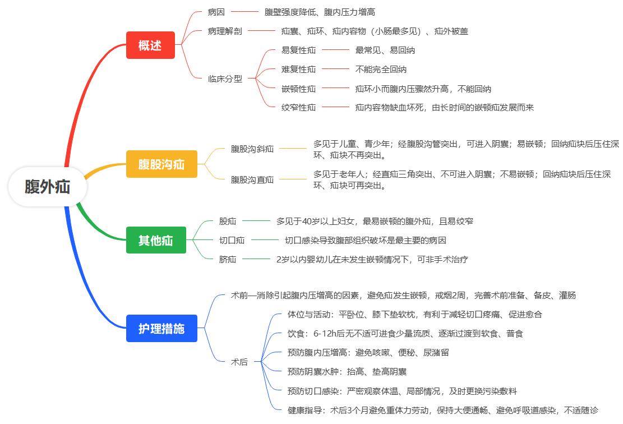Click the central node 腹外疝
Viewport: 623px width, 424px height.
(x=47, y=187)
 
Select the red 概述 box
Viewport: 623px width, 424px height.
(x=150, y=45)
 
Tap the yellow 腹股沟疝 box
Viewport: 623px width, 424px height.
(x=161, y=164)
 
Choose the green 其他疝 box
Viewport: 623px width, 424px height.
(x=155, y=241)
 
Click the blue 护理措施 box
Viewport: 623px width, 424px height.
(x=161, y=328)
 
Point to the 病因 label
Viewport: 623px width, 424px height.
(x=216, y=12)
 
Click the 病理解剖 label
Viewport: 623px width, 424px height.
(x=224, y=31)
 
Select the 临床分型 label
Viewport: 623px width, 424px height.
(x=225, y=79)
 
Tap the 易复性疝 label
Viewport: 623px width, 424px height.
(x=298, y=50)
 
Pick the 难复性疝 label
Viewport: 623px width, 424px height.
(x=298, y=70)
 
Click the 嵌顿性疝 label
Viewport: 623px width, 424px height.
(x=298, y=89)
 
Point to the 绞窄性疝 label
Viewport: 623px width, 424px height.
(x=298, y=107)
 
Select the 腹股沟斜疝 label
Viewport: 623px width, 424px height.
(x=252, y=149)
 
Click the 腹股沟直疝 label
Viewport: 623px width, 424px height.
(x=252, y=180)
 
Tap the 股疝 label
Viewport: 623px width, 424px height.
(x=228, y=222)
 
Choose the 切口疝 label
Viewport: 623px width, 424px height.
(x=232, y=241)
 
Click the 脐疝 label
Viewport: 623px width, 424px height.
(x=228, y=259)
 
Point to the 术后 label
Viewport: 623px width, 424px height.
(x=239, y=362)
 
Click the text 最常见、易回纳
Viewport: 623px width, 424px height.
(x=385, y=50)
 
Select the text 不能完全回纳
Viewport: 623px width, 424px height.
(x=381, y=70)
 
